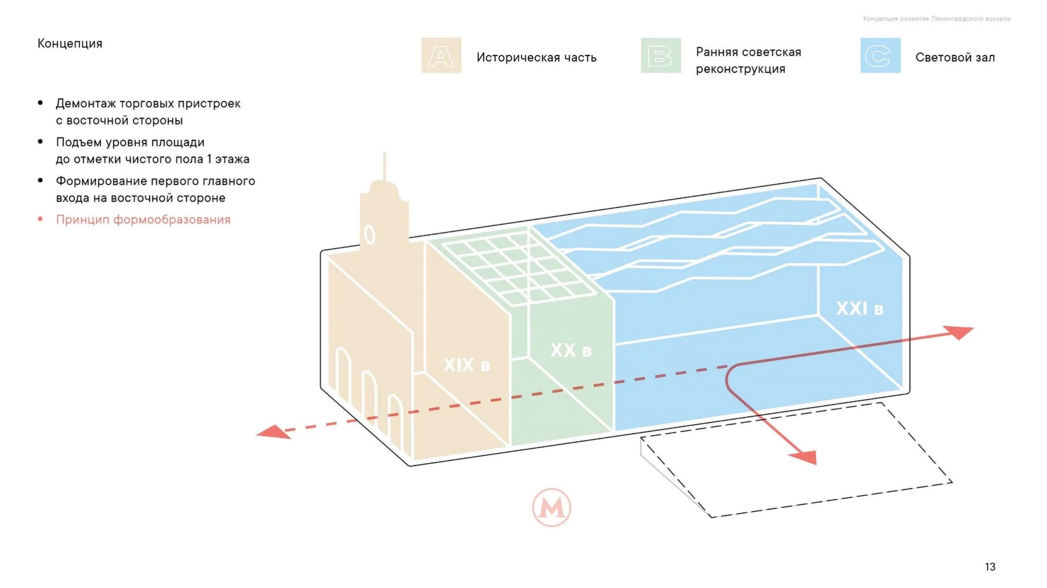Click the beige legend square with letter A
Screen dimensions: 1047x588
441,55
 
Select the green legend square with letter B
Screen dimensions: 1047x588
660,55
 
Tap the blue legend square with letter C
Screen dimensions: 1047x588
880,55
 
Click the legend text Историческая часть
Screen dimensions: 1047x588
536,57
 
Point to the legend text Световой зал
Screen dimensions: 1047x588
955,57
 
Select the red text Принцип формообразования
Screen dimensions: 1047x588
143,220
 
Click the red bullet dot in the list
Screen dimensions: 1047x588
40,219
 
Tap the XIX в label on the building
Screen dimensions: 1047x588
467,365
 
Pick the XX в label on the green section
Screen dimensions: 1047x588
571,350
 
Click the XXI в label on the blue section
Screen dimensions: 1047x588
860,309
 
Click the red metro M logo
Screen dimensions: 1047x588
551,507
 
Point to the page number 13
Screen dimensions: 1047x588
990,567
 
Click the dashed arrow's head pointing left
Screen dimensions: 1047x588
272,432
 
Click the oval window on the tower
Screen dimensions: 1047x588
369,234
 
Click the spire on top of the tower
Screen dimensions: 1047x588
384,167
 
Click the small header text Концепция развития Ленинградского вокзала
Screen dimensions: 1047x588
936,19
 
